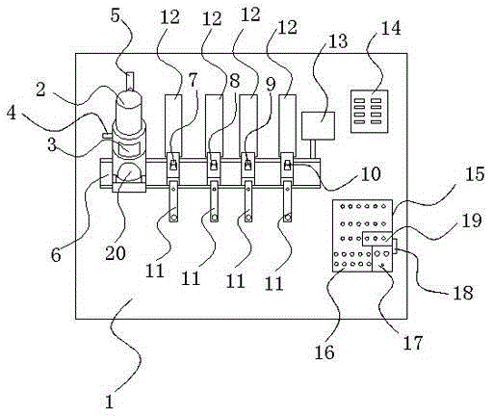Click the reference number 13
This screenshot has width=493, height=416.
coord(338,41)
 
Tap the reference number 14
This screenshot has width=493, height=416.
coord(391,28)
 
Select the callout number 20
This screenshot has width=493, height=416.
coord(116,253)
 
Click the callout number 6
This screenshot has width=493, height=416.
coord(56,255)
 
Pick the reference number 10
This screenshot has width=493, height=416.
coord(371,173)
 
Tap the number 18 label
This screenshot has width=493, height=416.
coord(463,292)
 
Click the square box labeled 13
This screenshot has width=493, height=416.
coord(319,125)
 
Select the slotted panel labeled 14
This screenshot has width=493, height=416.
coord(369,112)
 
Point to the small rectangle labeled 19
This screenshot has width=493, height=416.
coord(377,239)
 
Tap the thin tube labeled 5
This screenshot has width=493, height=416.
coord(130,82)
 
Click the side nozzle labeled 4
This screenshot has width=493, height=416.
coord(107,136)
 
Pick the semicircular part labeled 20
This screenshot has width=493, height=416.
coord(128,171)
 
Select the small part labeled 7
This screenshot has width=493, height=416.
coord(173,165)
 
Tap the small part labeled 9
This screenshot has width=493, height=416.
coord(248,165)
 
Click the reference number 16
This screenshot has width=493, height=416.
coord(324,352)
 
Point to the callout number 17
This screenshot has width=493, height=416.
coord(413,343)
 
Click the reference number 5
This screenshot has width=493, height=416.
coord(115,16)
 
